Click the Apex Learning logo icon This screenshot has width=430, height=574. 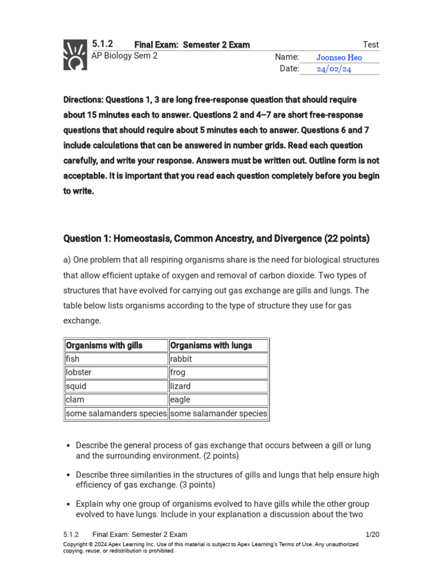(x=75, y=54)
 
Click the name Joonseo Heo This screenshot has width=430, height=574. (x=339, y=58)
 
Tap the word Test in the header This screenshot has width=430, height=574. (x=371, y=45)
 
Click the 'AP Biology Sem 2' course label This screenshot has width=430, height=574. (x=124, y=56)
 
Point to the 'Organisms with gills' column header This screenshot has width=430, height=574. (x=104, y=345)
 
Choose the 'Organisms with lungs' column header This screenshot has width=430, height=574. (x=211, y=345)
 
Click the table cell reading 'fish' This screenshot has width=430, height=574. (x=73, y=359)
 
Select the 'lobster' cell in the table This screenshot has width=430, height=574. (x=78, y=372)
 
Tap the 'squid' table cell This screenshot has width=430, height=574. (x=76, y=386)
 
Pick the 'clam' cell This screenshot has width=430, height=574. (x=75, y=400)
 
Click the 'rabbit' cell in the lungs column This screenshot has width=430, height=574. (x=181, y=359)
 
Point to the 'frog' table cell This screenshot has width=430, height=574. (x=177, y=372)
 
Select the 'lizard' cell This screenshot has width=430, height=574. (x=180, y=386)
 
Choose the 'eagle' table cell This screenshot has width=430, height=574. (x=180, y=400)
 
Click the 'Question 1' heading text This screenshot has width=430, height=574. (x=87, y=239)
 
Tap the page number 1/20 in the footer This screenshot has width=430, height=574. (x=372, y=534)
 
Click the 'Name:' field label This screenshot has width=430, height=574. (x=287, y=57)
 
